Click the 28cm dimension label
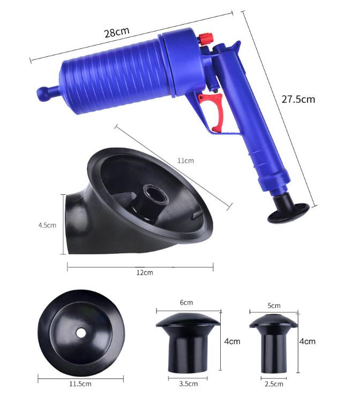coord(117,32)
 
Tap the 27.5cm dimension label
coord(298,99)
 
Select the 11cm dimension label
coord(185,161)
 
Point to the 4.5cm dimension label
coord(47,225)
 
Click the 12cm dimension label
coord(145,272)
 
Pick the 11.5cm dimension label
coord(80,384)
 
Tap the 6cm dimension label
coord(186,302)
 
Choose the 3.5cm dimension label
coord(189,384)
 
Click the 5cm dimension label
coord(274,306)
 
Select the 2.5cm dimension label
coord(274,384)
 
